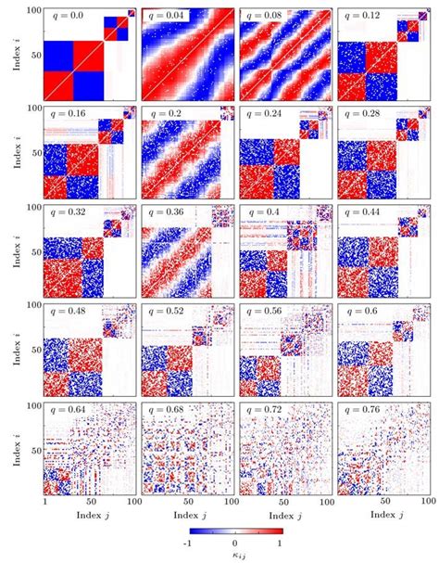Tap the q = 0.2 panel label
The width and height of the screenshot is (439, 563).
[166, 114]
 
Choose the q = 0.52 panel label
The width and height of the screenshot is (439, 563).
[169, 311]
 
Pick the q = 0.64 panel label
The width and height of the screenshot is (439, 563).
[70, 409]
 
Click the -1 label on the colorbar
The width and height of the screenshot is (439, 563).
[188, 543]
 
